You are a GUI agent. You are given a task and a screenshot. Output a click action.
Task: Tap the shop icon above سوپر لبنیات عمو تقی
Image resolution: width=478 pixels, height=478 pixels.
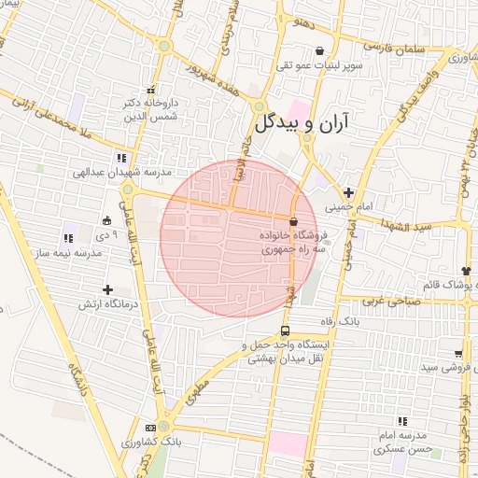(x=321, y=51)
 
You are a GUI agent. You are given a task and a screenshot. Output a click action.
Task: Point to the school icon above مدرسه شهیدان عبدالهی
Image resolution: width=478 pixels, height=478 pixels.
(x=120, y=157)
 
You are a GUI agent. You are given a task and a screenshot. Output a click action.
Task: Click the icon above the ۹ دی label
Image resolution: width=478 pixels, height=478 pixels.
(x=106, y=221)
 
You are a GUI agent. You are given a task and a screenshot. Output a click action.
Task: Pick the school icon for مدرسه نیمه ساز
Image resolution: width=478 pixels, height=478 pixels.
(x=66, y=238)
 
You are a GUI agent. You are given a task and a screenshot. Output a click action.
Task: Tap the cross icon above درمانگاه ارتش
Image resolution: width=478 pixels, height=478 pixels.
(x=108, y=290)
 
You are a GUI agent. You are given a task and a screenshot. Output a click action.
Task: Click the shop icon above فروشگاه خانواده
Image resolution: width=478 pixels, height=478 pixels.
(x=294, y=222)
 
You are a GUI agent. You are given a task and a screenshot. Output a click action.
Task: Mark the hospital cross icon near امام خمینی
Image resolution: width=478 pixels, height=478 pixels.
(x=348, y=192)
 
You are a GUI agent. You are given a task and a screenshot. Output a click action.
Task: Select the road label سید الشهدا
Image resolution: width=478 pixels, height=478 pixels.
(x=411, y=226)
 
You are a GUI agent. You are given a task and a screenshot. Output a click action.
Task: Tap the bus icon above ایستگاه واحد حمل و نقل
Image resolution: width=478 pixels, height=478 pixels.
(x=285, y=330)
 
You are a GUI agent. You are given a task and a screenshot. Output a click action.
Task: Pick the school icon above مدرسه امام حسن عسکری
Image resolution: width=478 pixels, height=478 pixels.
(x=402, y=422)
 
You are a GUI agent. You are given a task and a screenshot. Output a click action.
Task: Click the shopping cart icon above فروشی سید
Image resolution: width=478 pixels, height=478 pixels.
(x=458, y=353)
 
